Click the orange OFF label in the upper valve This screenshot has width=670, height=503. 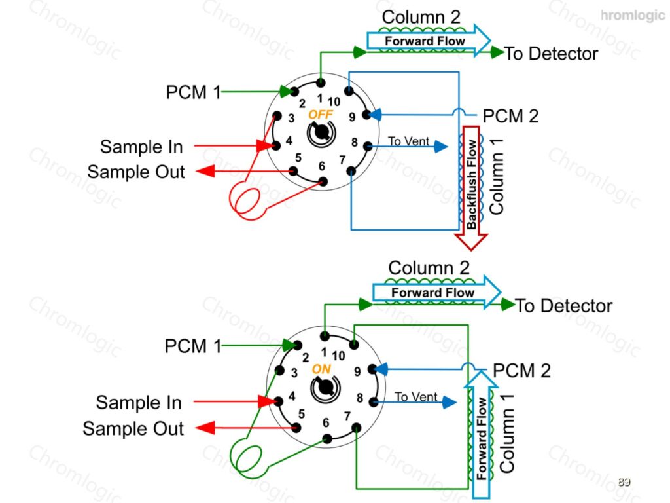pos(321,114)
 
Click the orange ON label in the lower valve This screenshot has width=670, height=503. pos(321,369)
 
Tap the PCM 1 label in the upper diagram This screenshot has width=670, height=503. pos(193,92)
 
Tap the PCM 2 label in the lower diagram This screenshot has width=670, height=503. pos(521,371)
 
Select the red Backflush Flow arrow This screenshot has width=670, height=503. pos(471,187)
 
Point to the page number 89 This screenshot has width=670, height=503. pos(624,481)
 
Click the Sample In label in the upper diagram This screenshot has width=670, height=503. pos(141,147)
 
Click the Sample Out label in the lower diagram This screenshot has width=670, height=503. pos(133,428)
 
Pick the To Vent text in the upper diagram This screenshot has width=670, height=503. pos(408,141)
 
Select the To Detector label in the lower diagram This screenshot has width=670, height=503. pos(563,306)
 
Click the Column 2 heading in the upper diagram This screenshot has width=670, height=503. pos(421,17)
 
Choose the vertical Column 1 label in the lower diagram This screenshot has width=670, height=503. pos(507,434)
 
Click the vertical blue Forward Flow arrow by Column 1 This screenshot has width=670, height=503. pos(481,434)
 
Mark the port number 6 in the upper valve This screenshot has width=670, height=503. pos(322,166)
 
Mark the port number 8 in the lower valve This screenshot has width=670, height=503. pos(360,398)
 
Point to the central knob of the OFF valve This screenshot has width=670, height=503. pos(321,133)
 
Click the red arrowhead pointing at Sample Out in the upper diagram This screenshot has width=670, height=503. pos(205,171)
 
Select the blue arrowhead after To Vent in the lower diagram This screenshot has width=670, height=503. pos(449,402)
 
